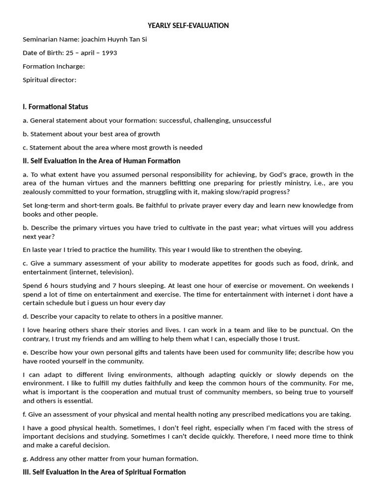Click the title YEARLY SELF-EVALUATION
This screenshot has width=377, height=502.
pos(188,25)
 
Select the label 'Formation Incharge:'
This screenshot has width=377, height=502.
pos(54,66)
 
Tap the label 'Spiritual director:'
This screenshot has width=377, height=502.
pos(50,79)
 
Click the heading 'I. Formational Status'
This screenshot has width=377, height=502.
pos(55,107)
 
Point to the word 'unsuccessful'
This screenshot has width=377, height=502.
pos(251,120)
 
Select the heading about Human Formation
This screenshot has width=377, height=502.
pos(102,161)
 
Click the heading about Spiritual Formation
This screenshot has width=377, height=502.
pos(104,472)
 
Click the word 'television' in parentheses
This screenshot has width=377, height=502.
pos(115,272)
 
